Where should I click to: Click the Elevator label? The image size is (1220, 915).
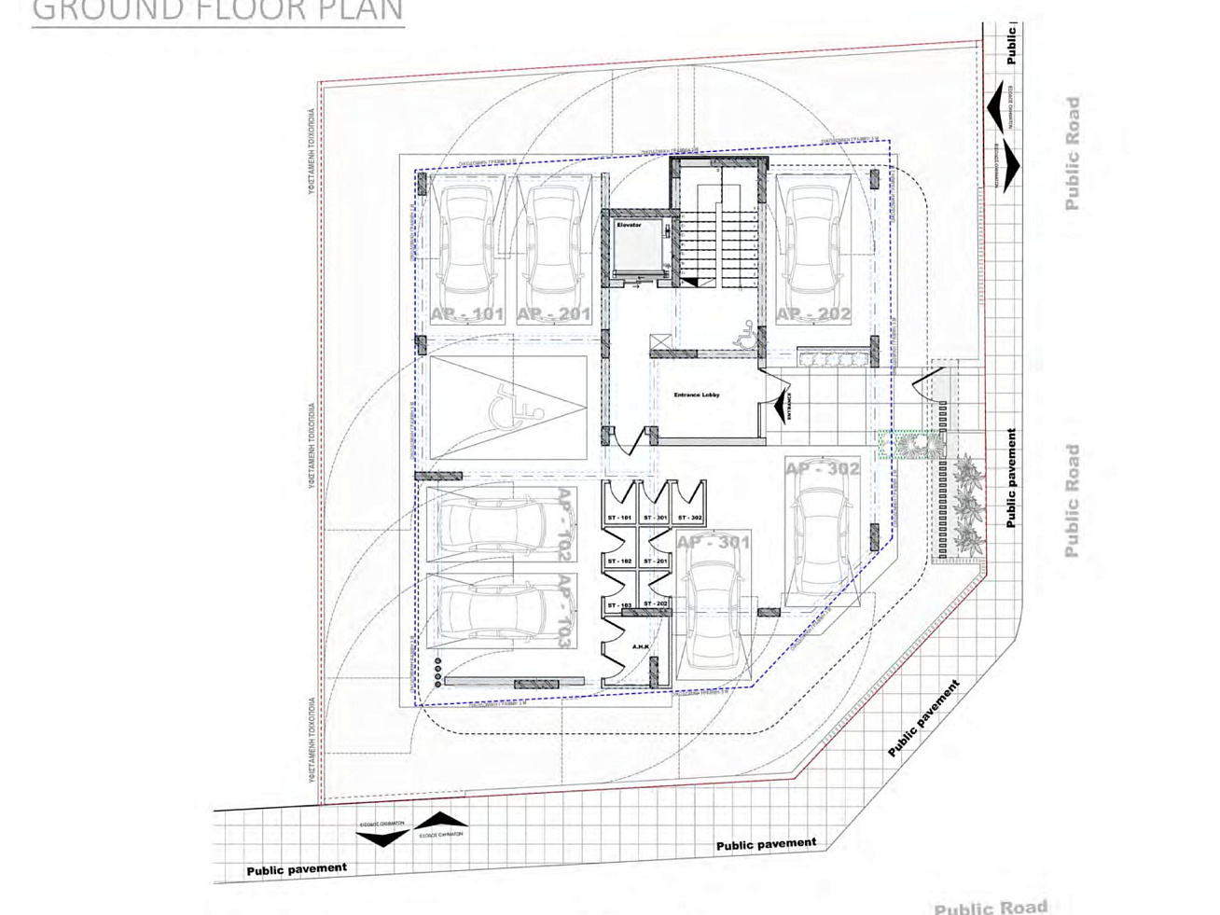(x=629, y=226)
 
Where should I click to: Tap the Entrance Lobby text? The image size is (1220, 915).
(x=696, y=395)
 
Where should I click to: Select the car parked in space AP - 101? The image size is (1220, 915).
(x=467, y=240)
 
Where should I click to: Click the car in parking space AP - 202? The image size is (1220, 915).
(x=814, y=237)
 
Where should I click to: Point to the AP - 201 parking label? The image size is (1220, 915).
(x=553, y=314)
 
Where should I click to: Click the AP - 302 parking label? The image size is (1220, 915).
(x=822, y=469)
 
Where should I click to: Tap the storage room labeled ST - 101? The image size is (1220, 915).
(x=619, y=518)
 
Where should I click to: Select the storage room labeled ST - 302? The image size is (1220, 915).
(x=689, y=518)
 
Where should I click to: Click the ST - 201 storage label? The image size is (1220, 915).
(x=655, y=561)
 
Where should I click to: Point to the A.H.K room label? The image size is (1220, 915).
(x=640, y=646)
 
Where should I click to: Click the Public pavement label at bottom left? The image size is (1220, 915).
(x=297, y=869)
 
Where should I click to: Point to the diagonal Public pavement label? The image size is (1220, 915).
(x=923, y=719)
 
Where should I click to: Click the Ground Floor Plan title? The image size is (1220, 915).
(x=217, y=11)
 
